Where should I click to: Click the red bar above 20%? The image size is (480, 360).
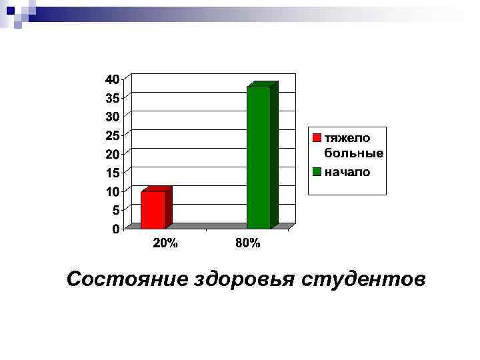click(x=153, y=209)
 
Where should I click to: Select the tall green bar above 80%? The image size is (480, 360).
click(x=259, y=157)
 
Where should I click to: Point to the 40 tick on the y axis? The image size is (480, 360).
click(x=112, y=79)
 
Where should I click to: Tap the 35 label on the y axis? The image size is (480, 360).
click(x=112, y=97)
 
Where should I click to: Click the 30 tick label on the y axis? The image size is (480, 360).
click(x=112, y=116)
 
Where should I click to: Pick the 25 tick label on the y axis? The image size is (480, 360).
click(x=112, y=135)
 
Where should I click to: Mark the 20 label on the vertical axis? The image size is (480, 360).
click(x=112, y=154)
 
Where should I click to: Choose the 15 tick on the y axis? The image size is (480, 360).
click(x=112, y=173)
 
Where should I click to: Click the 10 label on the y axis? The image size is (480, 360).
click(x=112, y=191)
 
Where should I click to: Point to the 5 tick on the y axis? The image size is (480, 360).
click(x=115, y=210)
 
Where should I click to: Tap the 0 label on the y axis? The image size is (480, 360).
click(x=115, y=229)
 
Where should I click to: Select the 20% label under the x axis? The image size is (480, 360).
click(x=165, y=243)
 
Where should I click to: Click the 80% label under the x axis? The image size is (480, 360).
click(x=248, y=243)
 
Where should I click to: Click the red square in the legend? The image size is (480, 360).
click(x=317, y=138)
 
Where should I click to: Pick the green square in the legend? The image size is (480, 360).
click(x=317, y=171)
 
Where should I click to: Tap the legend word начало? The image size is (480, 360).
click(x=347, y=171)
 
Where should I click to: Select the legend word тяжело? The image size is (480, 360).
click(x=347, y=137)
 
